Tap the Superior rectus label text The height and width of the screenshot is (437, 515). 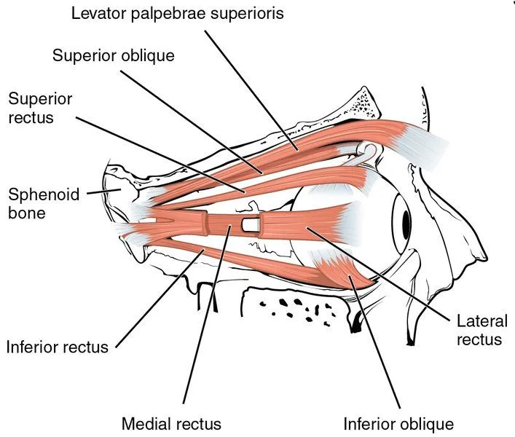pyautogui.click(x=39, y=106)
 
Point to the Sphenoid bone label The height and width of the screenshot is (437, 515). pyautogui.click(x=37, y=203)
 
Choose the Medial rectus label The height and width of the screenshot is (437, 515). pyautogui.click(x=171, y=422)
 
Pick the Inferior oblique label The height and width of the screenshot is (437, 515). pyautogui.click(x=399, y=423)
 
